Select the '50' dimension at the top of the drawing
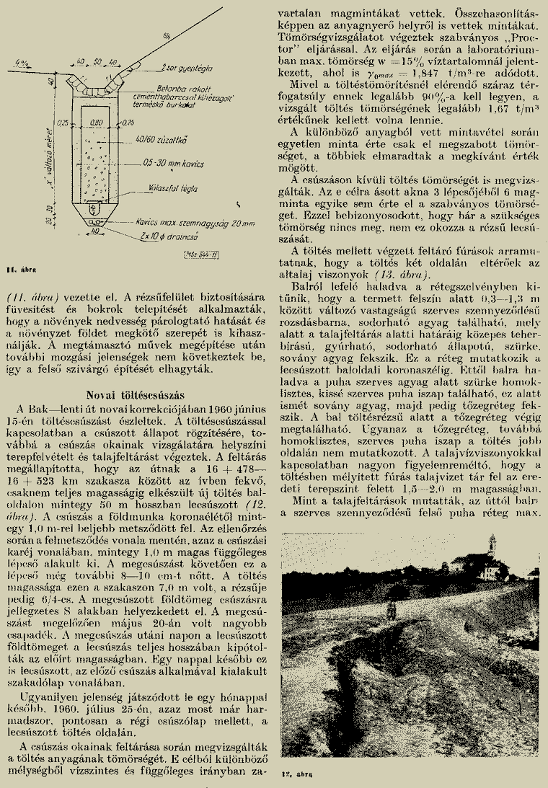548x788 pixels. [97, 62]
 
